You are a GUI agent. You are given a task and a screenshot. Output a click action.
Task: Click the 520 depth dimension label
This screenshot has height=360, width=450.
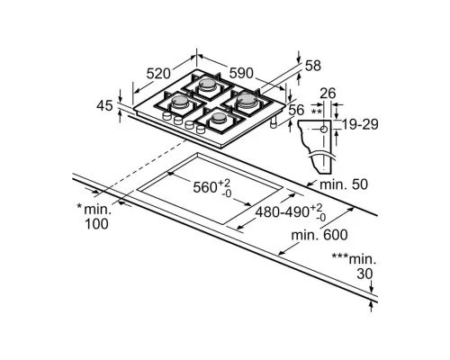pos(158,74)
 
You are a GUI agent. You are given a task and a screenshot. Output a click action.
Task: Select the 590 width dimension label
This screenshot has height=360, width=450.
pos(241,73)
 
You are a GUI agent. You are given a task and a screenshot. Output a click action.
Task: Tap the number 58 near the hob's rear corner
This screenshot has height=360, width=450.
pos(313,66)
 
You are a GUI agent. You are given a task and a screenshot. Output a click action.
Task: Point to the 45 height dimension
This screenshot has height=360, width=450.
pos(104,105)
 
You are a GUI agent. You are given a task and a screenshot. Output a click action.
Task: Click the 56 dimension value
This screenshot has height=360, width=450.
pos(296,110)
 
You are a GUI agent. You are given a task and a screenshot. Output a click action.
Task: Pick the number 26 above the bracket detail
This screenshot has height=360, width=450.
pos(328,94)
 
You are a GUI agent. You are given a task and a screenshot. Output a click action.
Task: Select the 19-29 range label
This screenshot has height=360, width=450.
pos(360,124)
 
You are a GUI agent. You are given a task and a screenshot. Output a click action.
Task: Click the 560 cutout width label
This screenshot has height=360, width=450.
pos(205,188)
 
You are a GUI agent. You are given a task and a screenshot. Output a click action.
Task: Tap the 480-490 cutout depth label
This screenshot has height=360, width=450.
pos(282,212)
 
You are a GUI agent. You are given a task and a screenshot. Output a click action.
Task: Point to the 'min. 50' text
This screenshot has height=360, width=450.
pos(344,184)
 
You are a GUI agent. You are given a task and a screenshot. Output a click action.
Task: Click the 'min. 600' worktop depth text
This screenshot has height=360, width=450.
pos(319,235)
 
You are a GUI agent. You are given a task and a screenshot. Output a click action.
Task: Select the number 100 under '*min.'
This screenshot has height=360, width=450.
pos(96,224)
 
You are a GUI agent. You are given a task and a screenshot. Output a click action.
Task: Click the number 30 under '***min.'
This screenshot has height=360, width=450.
pos(364,274)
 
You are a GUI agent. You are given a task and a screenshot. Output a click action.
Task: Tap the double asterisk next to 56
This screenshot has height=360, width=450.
pos(316,112)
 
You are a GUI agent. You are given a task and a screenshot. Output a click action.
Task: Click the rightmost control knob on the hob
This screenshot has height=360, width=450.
pos(200,130)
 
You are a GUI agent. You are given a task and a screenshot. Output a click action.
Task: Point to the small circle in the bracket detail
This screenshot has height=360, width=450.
pos(324,130)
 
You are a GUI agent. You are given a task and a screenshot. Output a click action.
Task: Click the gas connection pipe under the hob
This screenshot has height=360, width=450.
pos(273,123)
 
